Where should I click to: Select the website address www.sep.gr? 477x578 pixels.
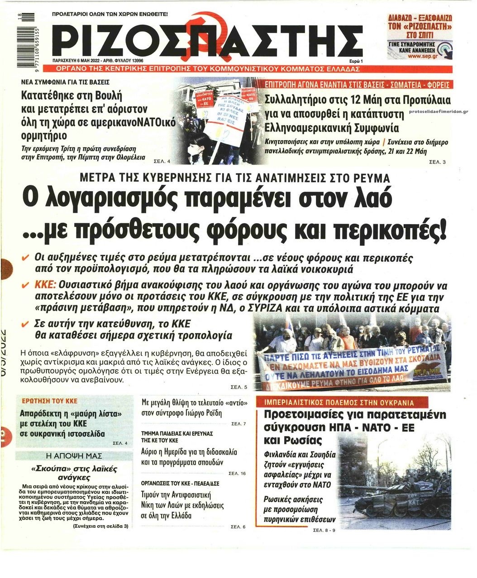pos(420,56)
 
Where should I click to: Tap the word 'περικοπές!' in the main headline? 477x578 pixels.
pos(390,230)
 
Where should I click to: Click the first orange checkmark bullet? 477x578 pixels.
pos(26,258)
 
